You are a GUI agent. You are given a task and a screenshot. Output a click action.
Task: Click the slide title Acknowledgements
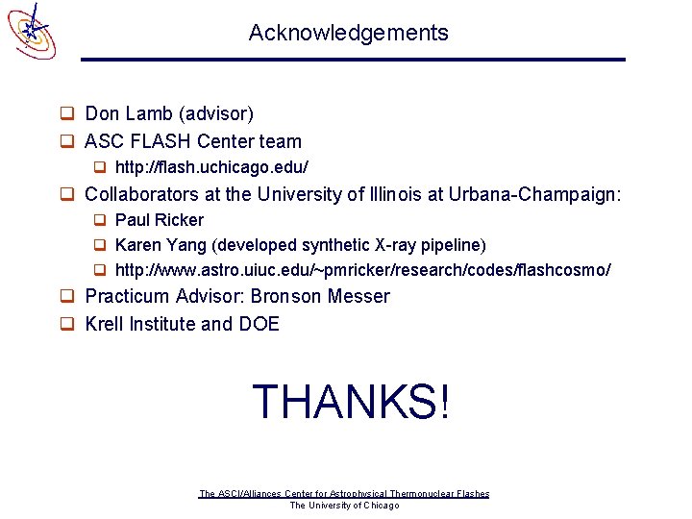[x=348, y=33]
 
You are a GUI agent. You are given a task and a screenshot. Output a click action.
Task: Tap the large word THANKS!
[x=350, y=402]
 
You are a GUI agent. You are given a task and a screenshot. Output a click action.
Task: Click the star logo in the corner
[x=32, y=30]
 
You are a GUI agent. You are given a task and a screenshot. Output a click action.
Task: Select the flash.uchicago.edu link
[x=211, y=167]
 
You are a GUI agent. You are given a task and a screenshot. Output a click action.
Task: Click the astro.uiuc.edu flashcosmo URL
[x=362, y=270]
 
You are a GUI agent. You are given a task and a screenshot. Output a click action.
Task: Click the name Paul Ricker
[x=160, y=220]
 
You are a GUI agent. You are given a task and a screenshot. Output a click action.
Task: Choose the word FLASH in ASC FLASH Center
[x=158, y=142]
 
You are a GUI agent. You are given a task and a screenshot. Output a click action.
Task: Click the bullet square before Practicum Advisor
[x=68, y=297]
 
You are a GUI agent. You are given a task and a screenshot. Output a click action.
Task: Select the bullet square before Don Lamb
[x=68, y=115]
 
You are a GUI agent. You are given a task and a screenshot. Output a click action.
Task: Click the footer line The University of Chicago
[x=344, y=506]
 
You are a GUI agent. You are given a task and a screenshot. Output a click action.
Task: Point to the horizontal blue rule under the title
[x=353, y=60]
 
